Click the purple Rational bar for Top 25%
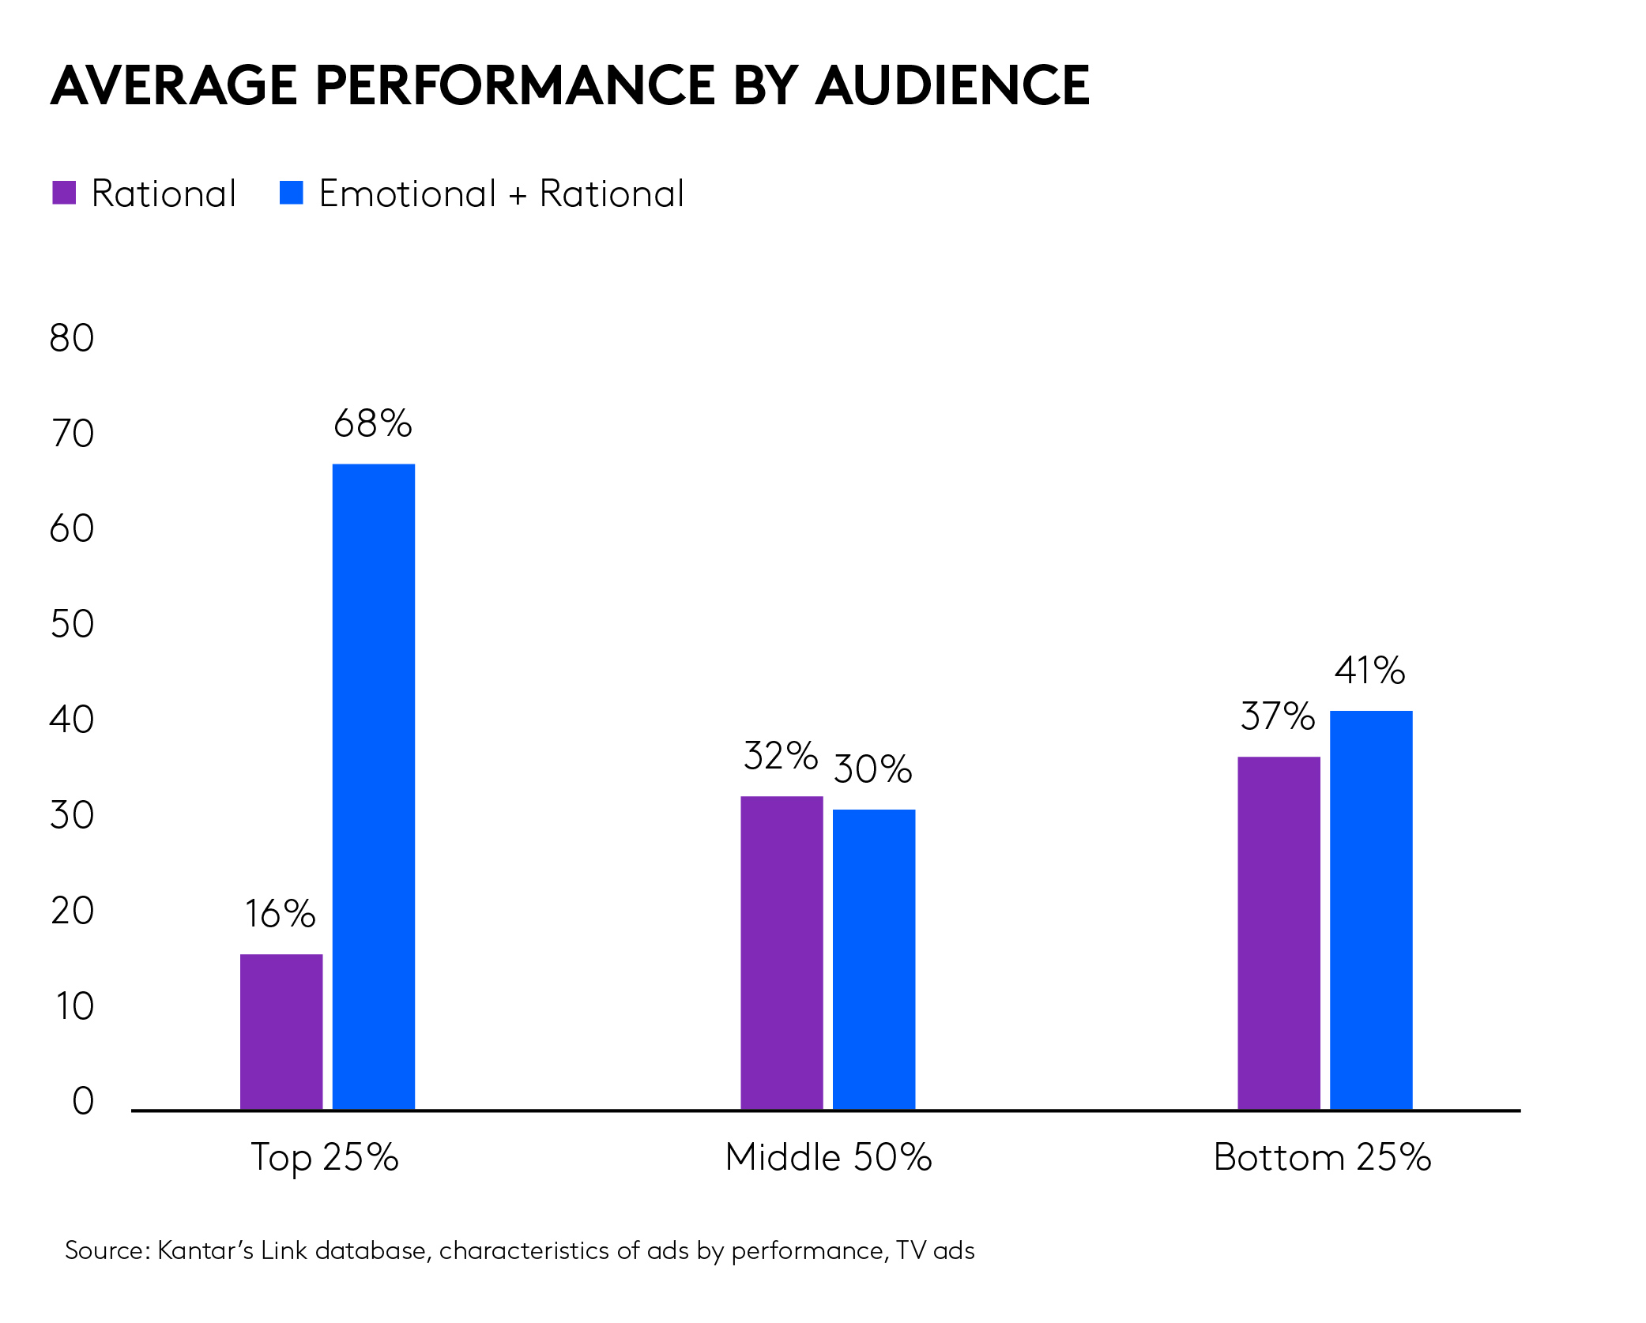click(x=281, y=1032)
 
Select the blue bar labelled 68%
click(x=373, y=786)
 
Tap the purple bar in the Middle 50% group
click(x=782, y=953)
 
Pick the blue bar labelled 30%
click(x=873, y=959)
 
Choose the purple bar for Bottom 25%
click(x=1279, y=933)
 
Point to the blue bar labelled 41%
click(x=1370, y=910)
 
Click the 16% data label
click(x=280, y=914)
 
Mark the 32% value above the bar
click(x=781, y=756)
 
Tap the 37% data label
click(x=1278, y=716)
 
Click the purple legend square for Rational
click(x=64, y=193)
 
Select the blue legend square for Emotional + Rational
click(x=292, y=193)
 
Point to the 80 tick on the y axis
click(x=72, y=338)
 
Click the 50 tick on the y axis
click(x=72, y=624)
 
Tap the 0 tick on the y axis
click(x=83, y=1101)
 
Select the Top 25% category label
click(x=325, y=1157)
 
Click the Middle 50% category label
click(x=828, y=1157)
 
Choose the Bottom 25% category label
click(x=1322, y=1157)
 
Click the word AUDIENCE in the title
click(x=952, y=85)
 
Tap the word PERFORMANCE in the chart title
click(x=515, y=85)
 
